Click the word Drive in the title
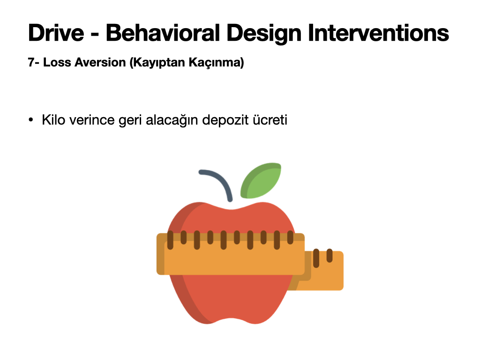click(x=56, y=33)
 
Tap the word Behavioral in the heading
click(x=163, y=33)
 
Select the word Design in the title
click(x=264, y=34)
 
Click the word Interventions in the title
click(x=379, y=33)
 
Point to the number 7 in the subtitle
click(x=31, y=62)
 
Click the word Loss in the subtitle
click(x=57, y=62)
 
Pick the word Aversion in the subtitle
click(x=100, y=62)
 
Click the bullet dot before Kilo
click(x=30, y=120)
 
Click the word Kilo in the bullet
click(x=53, y=120)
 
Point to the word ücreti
click(x=270, y=120)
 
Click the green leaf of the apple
click(x=261, y=180)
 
